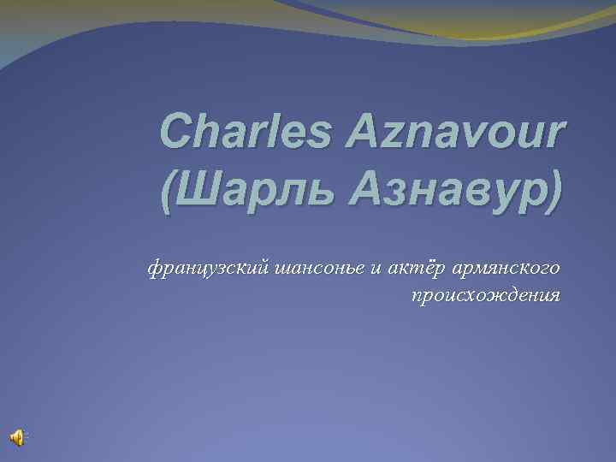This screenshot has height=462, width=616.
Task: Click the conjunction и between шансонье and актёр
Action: click(374, 269)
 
